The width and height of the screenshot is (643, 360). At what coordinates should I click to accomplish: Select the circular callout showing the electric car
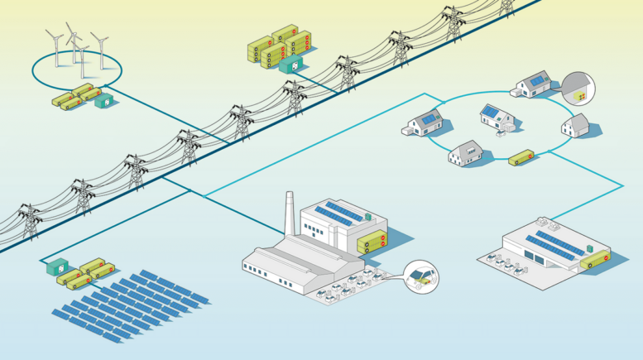coord(421,276)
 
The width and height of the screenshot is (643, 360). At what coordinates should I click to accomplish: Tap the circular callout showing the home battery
coord(578,89)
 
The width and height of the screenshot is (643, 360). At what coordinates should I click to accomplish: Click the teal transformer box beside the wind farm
coord(105,102)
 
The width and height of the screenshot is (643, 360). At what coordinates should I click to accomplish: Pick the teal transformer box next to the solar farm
coord(58,268)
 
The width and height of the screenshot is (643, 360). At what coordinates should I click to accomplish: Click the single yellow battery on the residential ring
coord(521,156)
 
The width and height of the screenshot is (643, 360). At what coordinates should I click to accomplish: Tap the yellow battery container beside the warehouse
coord(594,261)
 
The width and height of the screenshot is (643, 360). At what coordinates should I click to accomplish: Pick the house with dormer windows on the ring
coord(465,152)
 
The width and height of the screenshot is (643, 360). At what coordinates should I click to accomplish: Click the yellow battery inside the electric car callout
coord(424,282)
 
